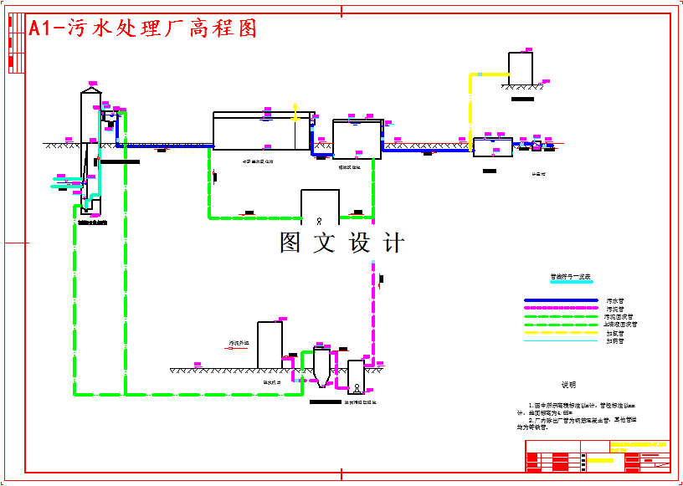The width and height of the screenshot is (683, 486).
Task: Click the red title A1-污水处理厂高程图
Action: tap(142, 28)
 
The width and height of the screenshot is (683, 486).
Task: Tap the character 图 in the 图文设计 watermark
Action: tap(290, 243)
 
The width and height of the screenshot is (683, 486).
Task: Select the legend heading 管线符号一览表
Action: tap(570, 276)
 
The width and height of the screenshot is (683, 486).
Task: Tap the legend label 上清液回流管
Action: tap(620, 325)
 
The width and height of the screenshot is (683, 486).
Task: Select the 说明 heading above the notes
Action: tap(568, 385)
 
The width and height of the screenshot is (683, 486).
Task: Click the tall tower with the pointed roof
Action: tap(90, 125)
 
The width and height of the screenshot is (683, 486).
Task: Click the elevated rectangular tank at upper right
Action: tap(521, 69)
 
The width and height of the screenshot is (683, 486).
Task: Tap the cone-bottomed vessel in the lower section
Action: tap(322, 368)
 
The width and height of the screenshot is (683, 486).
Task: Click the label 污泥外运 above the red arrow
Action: tap(239, 343)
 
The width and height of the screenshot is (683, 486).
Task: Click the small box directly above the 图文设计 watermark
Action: tap(320, 207)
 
